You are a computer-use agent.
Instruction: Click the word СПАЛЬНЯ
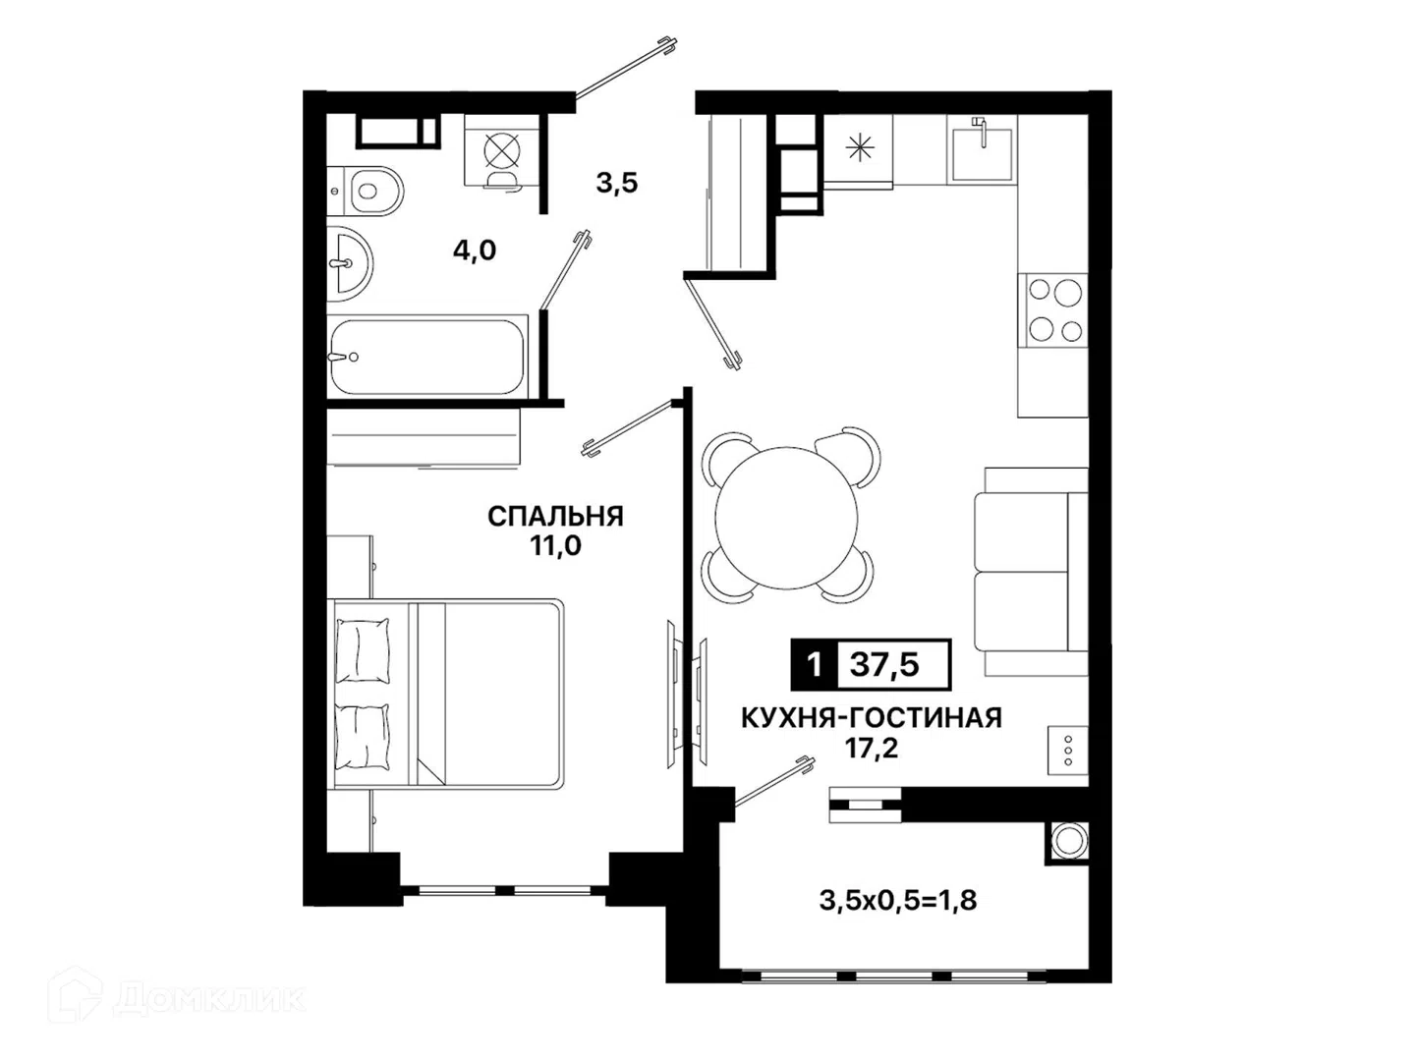click(555, 517)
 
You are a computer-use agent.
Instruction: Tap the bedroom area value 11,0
click(555, 546)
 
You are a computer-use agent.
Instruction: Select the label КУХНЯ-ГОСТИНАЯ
click(872, 718)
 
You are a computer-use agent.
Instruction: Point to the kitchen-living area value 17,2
click(872, 749)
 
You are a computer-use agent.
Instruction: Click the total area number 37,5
click(883, 664)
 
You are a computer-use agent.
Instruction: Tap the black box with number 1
click(815, 664)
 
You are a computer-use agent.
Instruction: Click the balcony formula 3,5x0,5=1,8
click(898, 901)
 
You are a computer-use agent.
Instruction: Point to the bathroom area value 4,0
click(475, 251)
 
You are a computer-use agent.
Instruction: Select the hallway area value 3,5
click(617, 183)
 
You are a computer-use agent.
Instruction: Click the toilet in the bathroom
click(365, 192)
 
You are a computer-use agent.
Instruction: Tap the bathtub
click(427, 357)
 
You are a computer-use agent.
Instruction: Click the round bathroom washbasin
click(349, 263)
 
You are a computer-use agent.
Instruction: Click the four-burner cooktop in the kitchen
click(1052, 310)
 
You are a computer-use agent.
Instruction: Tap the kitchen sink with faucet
click(981, 148)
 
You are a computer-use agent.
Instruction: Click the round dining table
click(786, 518)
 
